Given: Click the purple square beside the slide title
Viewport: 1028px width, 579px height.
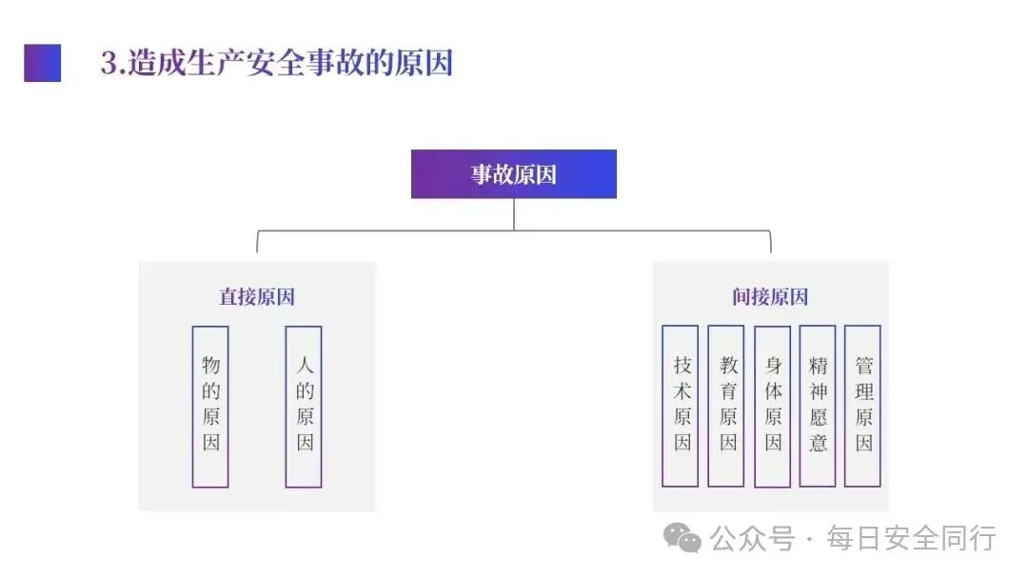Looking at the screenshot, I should coord(42,63).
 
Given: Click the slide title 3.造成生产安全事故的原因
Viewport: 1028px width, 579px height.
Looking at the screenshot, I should coord(276,63).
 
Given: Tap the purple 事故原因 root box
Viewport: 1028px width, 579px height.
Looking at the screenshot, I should coord(513,174).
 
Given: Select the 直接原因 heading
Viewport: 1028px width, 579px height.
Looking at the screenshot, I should coord(257,297).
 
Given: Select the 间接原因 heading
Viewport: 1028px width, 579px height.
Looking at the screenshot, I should coord(770,297).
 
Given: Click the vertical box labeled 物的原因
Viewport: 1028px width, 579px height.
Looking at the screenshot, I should coord(210,407).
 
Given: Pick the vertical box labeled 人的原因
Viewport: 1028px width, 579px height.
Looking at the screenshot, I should coord(304,407).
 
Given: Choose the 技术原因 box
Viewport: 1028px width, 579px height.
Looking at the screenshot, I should coord(681,406).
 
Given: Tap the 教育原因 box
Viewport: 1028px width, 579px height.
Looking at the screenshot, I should coord(726,406).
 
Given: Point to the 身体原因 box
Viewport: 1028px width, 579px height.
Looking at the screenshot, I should coord(772,407).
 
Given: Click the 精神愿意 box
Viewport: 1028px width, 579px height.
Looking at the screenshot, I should coord(818,406).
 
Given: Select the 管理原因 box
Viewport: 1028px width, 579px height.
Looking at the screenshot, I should coord(862,406).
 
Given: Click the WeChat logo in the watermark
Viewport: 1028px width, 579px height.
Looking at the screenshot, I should coord(683,539).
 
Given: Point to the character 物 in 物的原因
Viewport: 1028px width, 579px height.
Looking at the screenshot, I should coord(210,365).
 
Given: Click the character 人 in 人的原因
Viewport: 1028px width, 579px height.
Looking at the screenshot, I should coord(304,365).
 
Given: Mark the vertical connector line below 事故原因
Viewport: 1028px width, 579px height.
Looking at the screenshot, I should coord(514,213).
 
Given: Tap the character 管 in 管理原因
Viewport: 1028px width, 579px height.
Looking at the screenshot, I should coord(862,365).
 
